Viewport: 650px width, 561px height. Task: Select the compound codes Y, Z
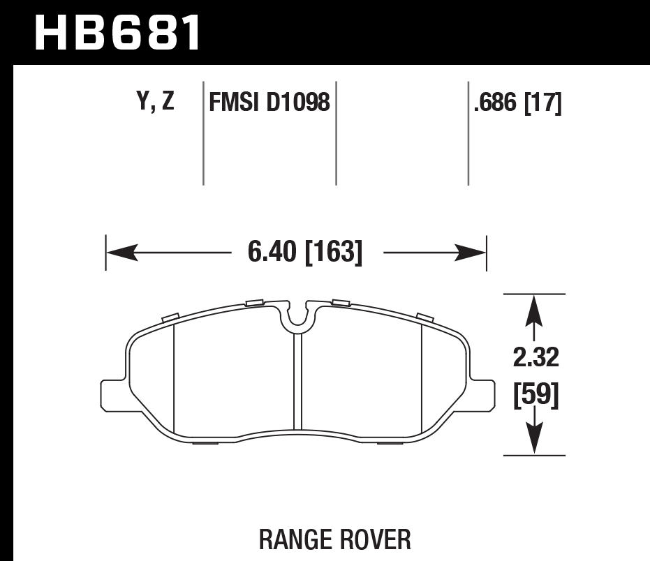tap(155, 103)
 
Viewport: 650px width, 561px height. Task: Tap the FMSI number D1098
tap(299, 103)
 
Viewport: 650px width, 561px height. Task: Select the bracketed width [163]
tap(334, 252)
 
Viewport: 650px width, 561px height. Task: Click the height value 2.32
tap(535, 358)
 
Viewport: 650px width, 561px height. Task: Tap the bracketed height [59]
tap(535, 396)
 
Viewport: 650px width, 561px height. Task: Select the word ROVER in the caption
tap(376, 539)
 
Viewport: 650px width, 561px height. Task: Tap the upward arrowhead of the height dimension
tap(534, 306)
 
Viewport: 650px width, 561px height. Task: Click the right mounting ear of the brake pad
tap(481, 395)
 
